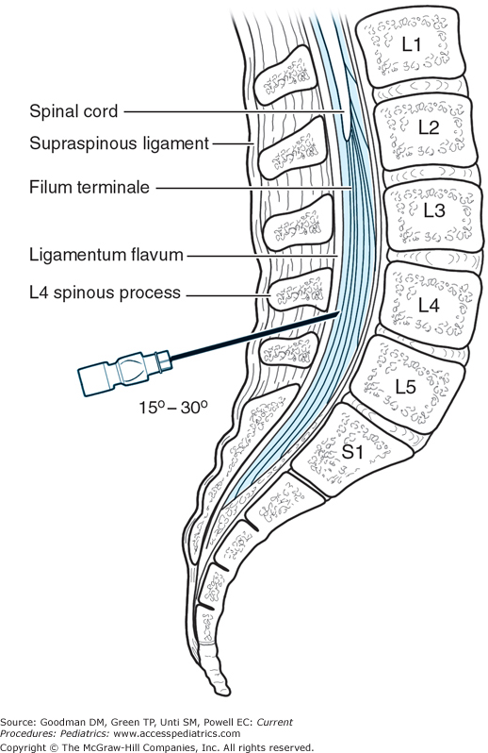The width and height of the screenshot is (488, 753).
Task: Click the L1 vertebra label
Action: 410,43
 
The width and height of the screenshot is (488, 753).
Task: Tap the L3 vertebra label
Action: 432,210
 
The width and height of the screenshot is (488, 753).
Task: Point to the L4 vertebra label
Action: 428,305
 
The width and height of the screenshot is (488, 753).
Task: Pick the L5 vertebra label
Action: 405,386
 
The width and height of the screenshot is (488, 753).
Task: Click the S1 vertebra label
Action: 352,452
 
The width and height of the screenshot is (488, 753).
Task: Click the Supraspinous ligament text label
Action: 105,143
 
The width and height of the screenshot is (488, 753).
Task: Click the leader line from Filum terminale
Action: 254,187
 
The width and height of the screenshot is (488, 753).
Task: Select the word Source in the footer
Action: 23,722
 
